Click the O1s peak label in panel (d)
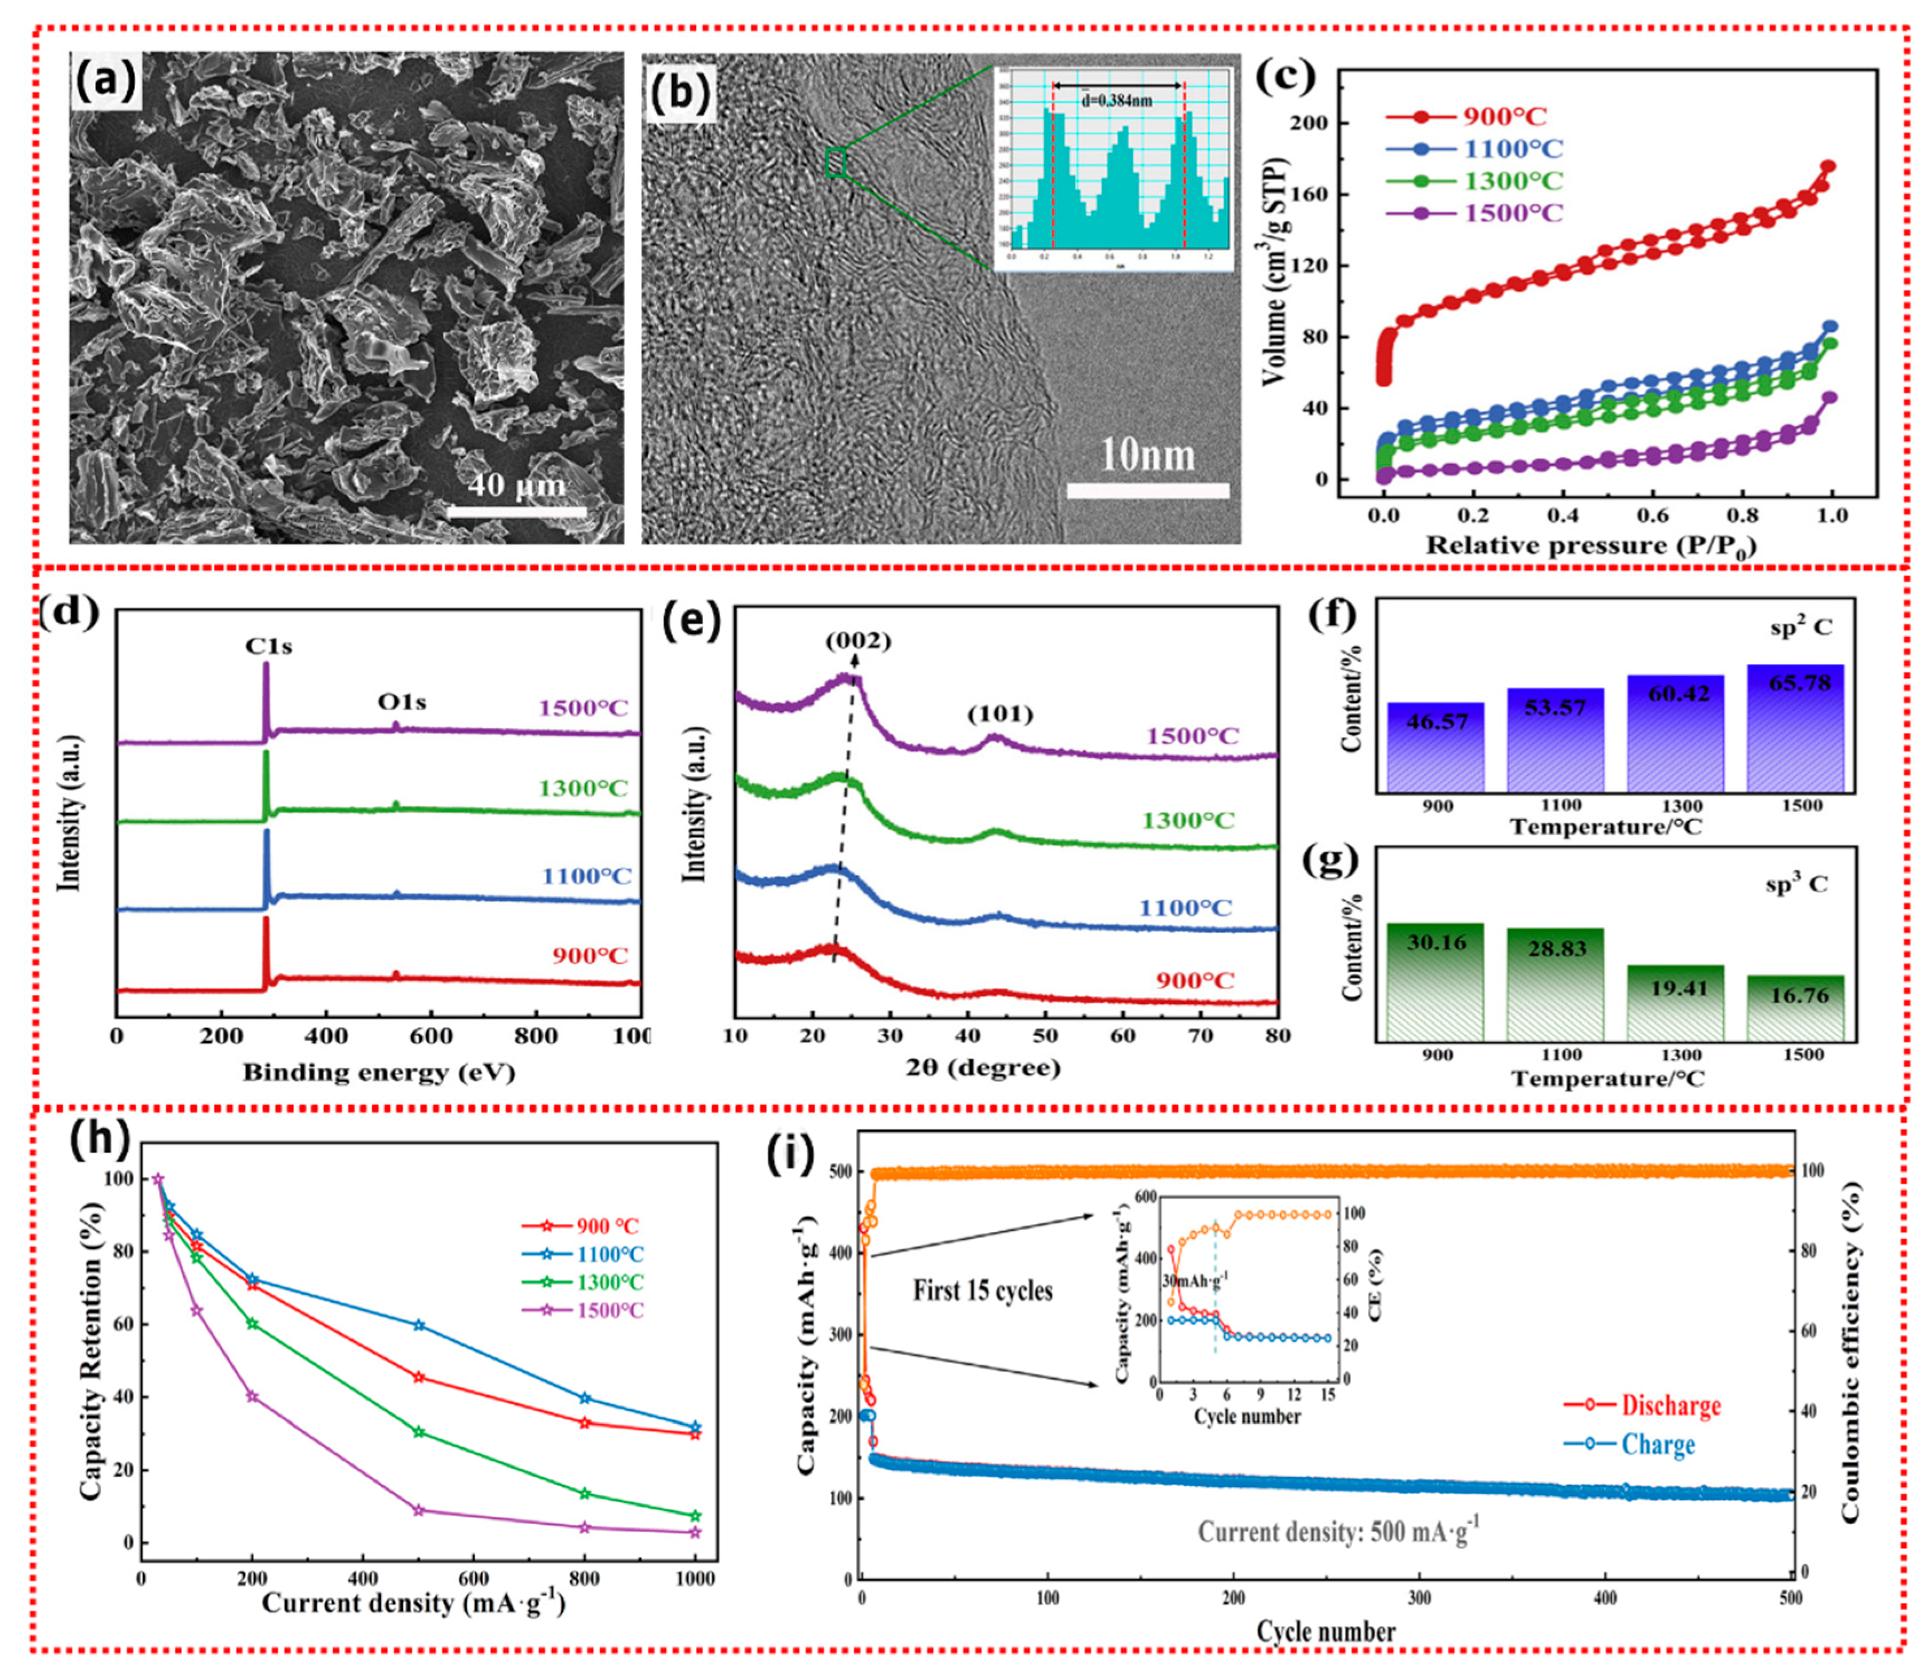401,701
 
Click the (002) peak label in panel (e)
857,641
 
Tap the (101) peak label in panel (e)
999,714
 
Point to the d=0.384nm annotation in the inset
1117,100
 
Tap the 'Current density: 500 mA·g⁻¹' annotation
1339,1531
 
